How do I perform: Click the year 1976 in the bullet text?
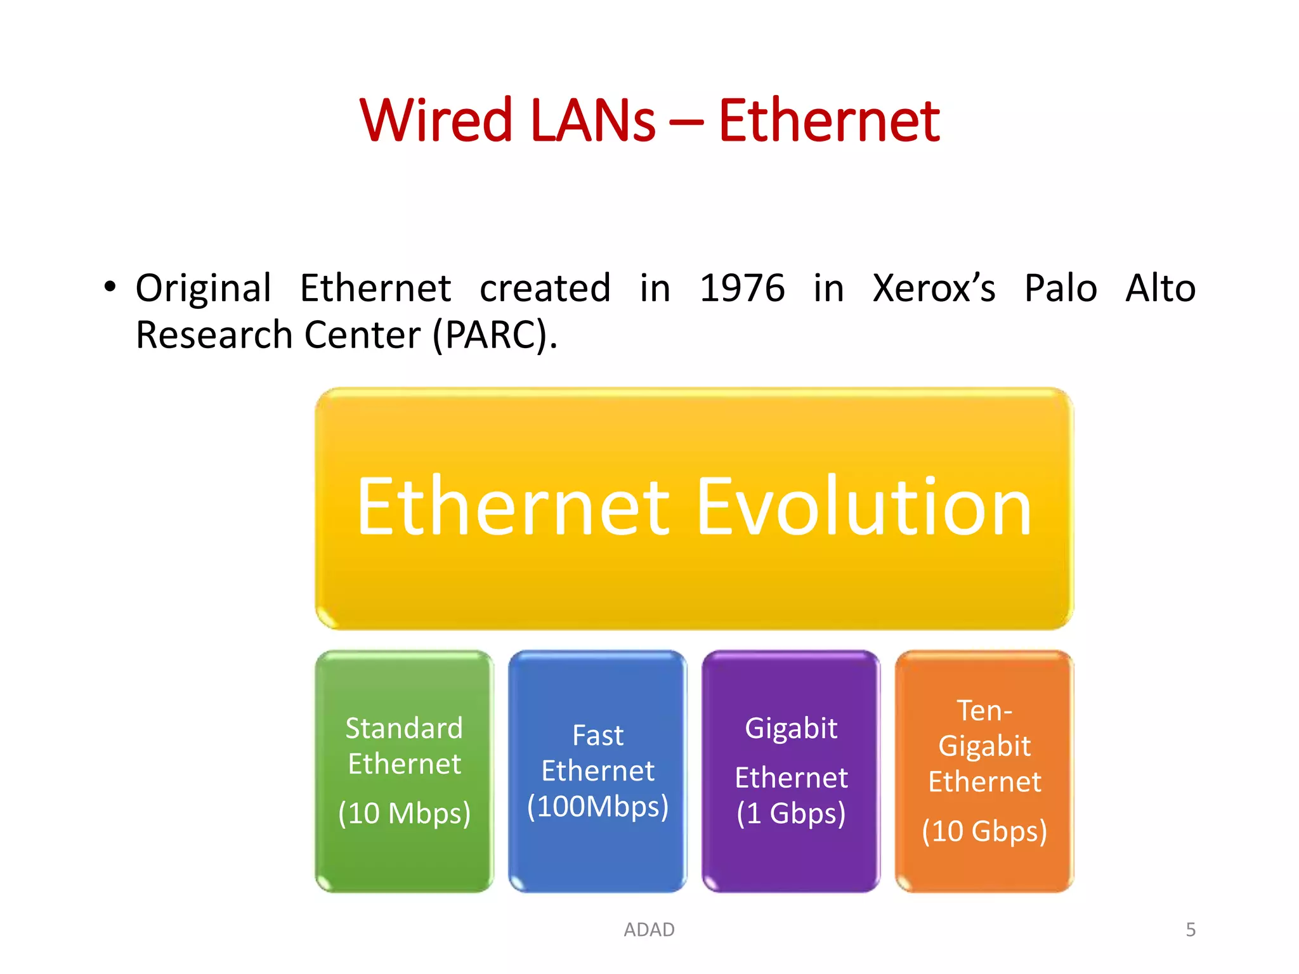(x=741, y=288)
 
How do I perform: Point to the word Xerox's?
(x=934, y=288)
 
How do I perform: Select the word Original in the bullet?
(x=204, y=288)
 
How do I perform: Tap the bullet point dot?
(x=110, y=287)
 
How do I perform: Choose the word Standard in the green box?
(x=404, y=728)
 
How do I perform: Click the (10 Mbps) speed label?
(x=404, y=814)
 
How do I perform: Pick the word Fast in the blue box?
(x=597, y=736)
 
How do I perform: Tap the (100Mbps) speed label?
(x=597, y=807)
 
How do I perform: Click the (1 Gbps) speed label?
(x=791, y=814)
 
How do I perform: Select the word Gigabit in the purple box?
(x=791, y=728)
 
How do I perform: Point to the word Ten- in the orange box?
(x=984, y=710)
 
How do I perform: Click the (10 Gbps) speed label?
(x=984, y=831)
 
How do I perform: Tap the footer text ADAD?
(x=649, y=930)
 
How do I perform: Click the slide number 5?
(x=1191, y=930)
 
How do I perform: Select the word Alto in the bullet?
(x=1160, y=288)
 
